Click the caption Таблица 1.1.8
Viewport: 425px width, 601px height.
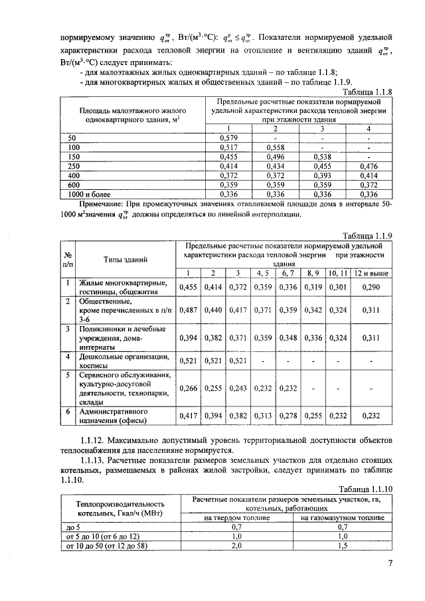(x=367, y=92)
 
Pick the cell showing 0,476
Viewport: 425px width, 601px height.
(x=367, y=166)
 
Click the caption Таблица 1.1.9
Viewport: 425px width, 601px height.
(x=367, y=236)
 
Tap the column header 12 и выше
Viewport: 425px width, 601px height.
(x=371, y=273)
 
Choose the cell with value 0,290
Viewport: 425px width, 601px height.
(x=371, y=287)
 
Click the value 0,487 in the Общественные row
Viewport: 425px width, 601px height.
(x=189, y=309)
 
